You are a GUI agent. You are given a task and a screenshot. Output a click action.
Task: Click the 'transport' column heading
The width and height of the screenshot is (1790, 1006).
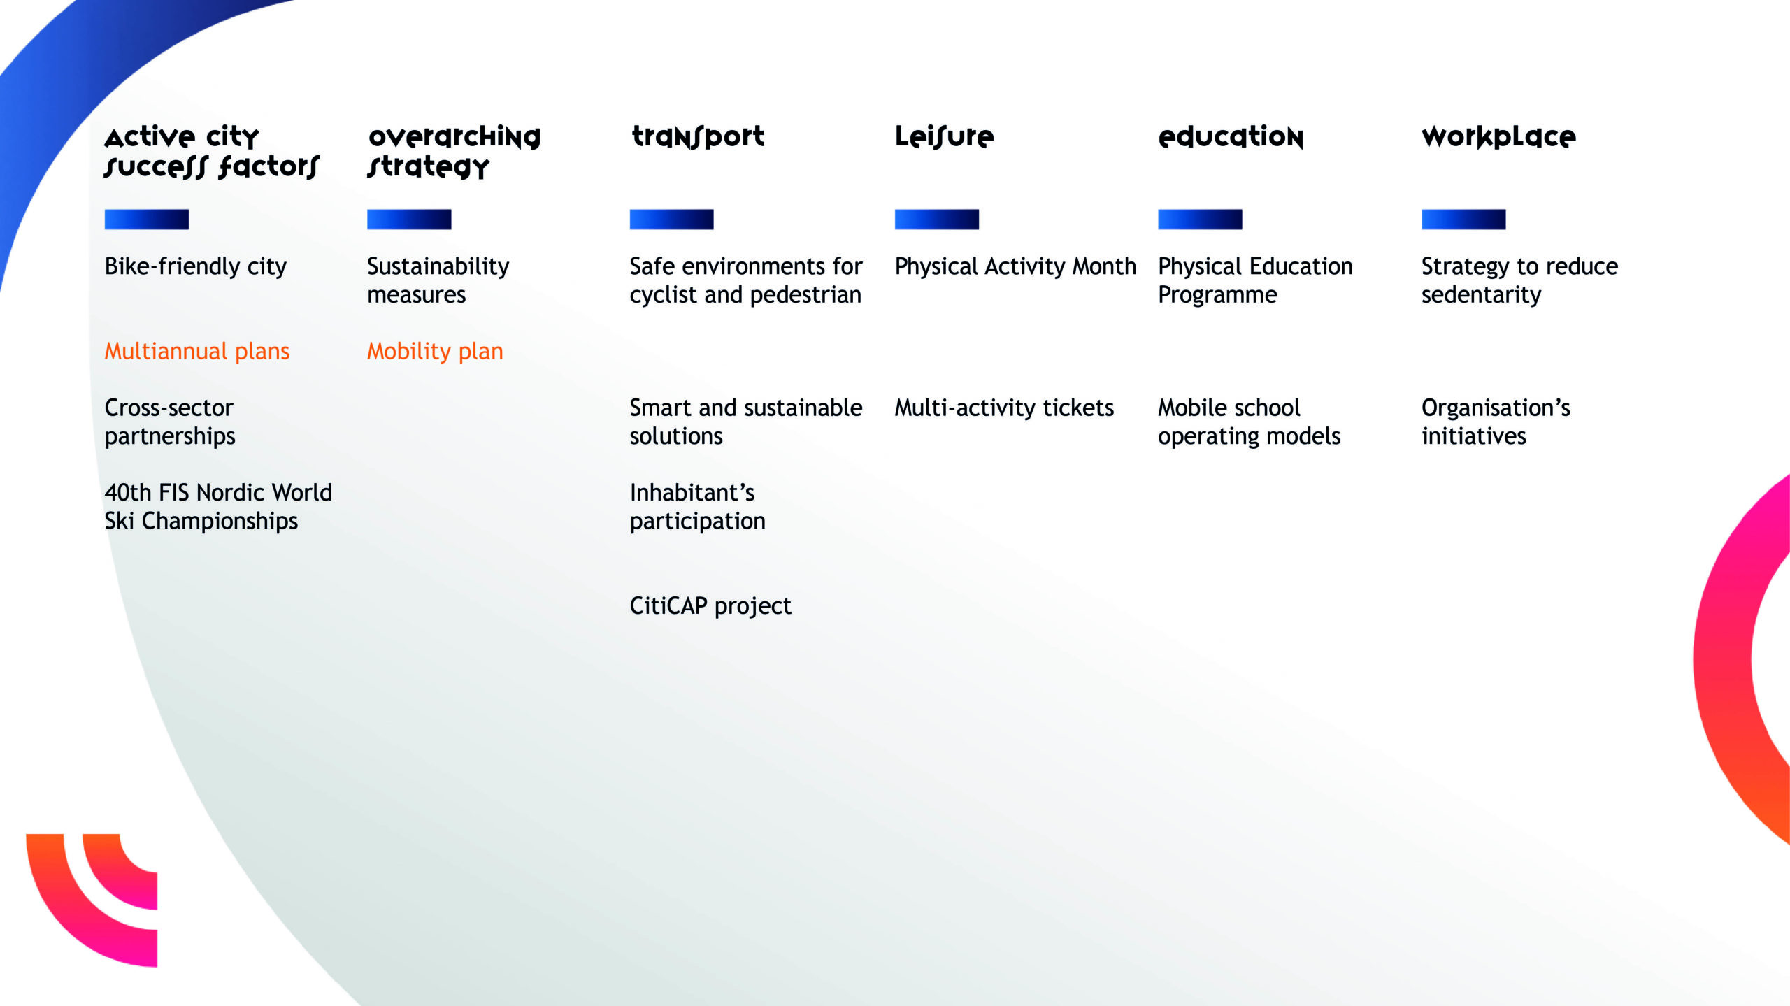click(x=698, y=137)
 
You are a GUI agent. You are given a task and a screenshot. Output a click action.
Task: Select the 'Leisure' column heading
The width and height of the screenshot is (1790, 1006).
click(x=944, y=137)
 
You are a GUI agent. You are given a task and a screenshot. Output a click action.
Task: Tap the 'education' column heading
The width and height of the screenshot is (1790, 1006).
click(x=1231, y=137)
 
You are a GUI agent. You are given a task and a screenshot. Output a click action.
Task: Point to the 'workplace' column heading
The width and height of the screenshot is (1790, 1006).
click(x=1498, y=137)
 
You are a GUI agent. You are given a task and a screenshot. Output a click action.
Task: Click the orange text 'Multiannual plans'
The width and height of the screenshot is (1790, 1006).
click(x=197, y=351)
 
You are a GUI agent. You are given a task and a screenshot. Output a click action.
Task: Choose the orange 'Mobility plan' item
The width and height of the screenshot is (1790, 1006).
click(x=435, y=351)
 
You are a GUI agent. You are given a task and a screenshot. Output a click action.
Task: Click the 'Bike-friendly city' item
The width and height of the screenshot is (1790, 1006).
click(x=196, y=266)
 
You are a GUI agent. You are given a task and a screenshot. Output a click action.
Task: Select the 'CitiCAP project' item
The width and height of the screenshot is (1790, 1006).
click(x=710, y=605)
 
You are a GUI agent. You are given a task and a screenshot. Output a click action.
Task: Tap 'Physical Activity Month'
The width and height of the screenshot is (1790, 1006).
click(x=1015, y=266)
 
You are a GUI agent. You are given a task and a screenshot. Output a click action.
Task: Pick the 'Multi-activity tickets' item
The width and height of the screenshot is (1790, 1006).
click(x=1004, y=408)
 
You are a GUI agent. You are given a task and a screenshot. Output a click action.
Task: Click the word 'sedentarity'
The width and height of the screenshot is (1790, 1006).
click(x=1481, y=295)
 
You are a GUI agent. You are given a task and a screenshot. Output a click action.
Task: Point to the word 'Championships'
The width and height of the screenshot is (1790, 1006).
click(x=220, y=522)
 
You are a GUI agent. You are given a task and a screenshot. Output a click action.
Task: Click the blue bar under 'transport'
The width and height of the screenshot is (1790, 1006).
click(x=671, y=220)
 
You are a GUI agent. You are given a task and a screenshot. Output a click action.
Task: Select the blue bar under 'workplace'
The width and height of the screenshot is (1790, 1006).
click(x=1463, y=220)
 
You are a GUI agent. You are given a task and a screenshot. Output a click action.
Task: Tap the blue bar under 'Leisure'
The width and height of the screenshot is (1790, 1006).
click(x=937, y=220)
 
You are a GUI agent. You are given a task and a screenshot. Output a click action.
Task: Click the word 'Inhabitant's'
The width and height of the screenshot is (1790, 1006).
click(x=692, y=493)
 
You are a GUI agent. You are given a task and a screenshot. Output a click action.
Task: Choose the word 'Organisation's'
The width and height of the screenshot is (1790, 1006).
click(x=1496, y=408)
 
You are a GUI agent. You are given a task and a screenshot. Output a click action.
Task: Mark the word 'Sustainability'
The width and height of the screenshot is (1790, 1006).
click(x=438, y=266)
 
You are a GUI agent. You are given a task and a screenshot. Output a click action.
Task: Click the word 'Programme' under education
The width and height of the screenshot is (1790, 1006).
click(x=1217, y=295)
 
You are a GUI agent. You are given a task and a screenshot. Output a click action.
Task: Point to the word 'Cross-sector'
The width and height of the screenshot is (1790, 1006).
click(x=169, y=408)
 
